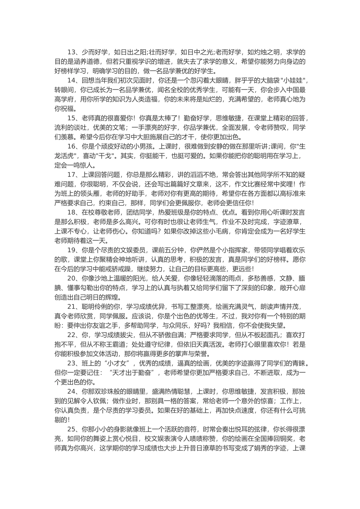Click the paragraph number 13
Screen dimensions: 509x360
click(72, 52)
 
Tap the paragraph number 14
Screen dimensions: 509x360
click(72, 80)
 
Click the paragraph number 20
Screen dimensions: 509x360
click(72, 278)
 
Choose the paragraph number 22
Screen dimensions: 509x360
click(72, 334)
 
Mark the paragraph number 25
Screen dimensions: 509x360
click(72, 429)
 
